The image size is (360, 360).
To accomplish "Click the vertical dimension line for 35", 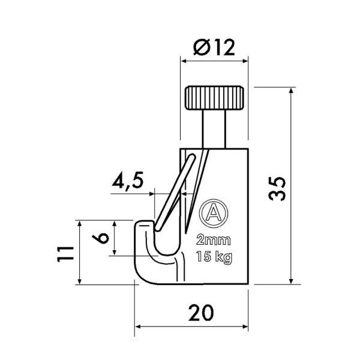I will tap(292, 186).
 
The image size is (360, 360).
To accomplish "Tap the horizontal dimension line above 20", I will tap(191, 328).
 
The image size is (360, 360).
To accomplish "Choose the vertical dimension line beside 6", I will tap(116, 238).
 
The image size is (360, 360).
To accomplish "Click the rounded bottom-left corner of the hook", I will tap(142, 277).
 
